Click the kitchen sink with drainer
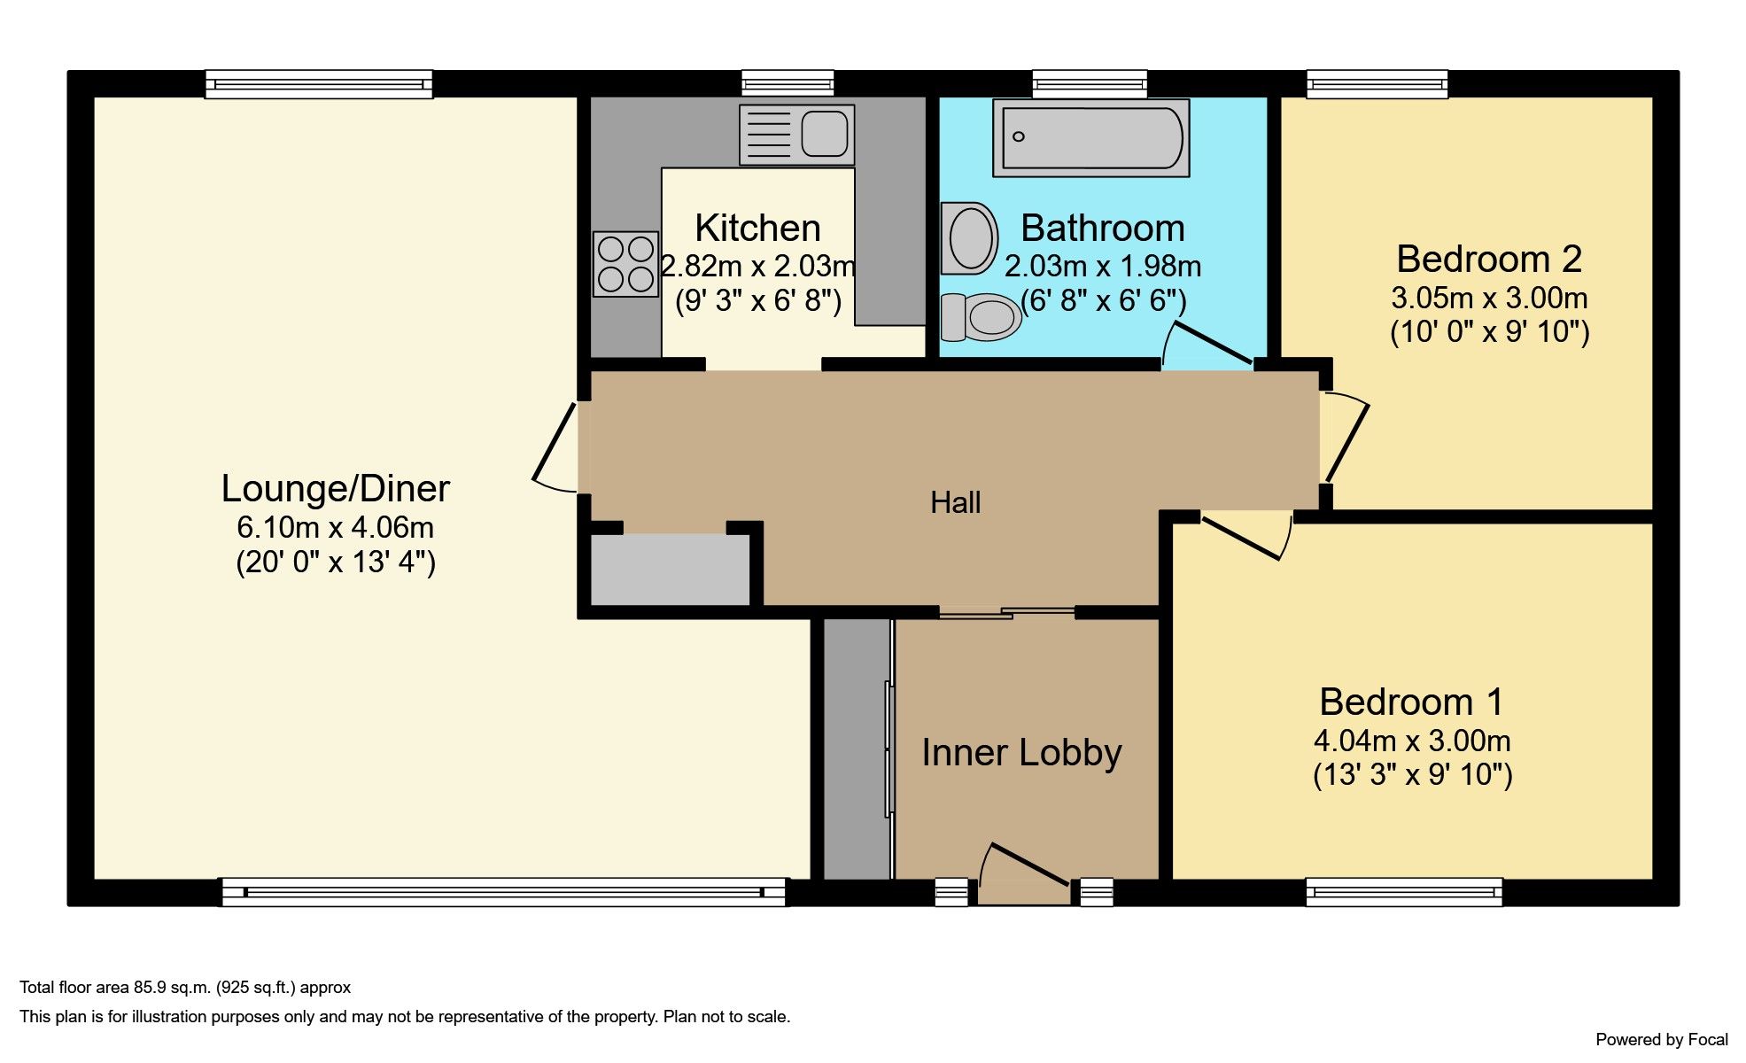[x=796, y=135]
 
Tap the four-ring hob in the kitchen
[x=625, y=264]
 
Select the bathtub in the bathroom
[x=1090, y=137]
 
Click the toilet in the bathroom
[x=981, y=317]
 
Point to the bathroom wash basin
[x=969, y=237]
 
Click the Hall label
[x=955, y=503]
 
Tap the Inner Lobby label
[x=1021, y=753]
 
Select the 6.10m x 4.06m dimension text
[x=335, y=528]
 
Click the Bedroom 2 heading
[x=1488, y=260]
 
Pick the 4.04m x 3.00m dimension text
[x=1411, y=741]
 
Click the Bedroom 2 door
[x=1345, y=438]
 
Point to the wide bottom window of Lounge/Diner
[x=503, y=892]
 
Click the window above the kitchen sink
[x=788, y=84]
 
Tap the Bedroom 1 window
[x=1403, y=892]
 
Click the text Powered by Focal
[x=1661, y=1040]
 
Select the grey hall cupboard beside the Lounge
[x=670, y=570]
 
